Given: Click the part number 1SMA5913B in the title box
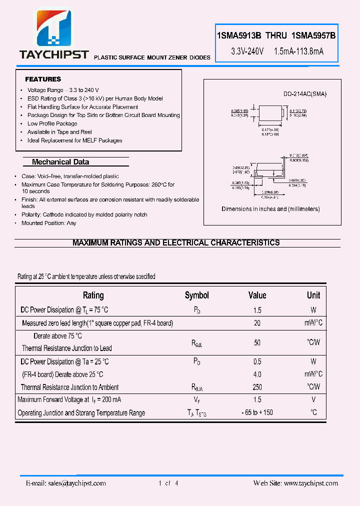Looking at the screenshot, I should [239, 36].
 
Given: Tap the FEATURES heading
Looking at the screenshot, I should [43, 79].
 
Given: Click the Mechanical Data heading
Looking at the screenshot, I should [60, 162].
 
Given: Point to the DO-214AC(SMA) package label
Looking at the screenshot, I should [305, 94].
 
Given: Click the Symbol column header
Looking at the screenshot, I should [197, 295].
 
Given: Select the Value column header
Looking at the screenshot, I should [257, 295].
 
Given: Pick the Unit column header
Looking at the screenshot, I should [313, 295].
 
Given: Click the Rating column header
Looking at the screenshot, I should [93, 295].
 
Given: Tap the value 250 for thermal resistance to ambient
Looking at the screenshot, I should [257, 387].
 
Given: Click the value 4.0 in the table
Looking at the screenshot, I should [257, 374].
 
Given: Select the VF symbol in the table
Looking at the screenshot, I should [197, 400].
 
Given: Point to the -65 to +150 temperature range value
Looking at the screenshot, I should [257, 413].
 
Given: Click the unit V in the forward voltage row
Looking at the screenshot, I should [313, 399].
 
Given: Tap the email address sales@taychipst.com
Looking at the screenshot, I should [66, 483].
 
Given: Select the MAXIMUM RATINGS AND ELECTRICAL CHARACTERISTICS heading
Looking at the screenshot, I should [176, 242].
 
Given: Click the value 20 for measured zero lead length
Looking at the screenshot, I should [257, 323].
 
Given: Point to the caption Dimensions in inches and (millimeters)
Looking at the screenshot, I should [270, 209].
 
